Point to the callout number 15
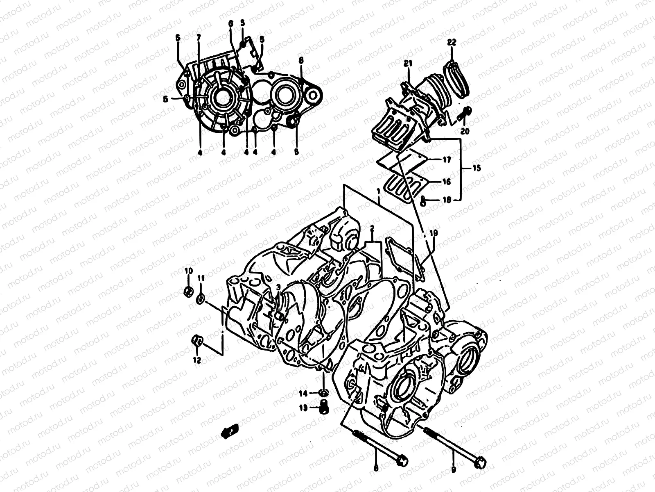(477, 169)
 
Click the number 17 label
(446, 160)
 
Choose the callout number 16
(446, 182)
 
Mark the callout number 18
(446, 200)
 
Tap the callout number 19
(434, 233)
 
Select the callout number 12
(197, 360)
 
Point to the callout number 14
(303, 394)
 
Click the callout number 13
(303, 408)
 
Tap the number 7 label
(199, 37)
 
